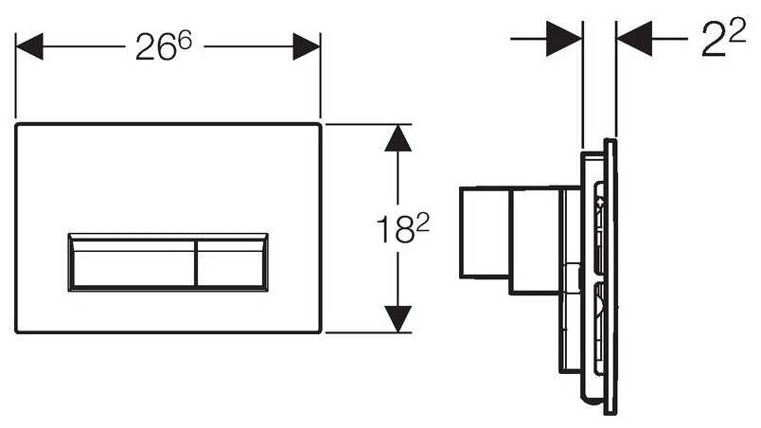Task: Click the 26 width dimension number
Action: [x=155, y=47]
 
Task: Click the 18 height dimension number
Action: [x=395, y=230]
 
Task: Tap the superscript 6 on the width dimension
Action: [x=185, y=39]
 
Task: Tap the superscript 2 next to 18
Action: [x=423, y=223]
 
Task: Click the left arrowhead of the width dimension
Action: [x=29, y=46]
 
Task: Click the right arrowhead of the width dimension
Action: [x=307, y=46]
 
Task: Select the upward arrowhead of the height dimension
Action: [x=398, y=138]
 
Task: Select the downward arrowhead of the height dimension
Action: [x=398, y=319]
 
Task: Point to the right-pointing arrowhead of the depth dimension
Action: [x=564, y=38]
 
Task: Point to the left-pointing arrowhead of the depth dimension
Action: [x=634, y=38]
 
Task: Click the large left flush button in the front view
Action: [x=133, y=263]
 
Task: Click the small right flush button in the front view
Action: [x=232, y=263]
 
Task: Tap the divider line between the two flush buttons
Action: [x=196, y=263]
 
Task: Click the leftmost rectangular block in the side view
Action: [x=484, y=232]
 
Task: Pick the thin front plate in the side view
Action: [x=611, y=276]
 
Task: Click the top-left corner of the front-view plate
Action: [x=16, y=125]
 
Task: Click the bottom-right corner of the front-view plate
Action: [x=320, y=332]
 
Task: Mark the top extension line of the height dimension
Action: [x=368, y=124]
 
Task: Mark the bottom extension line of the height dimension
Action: [x=368, y=332]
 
